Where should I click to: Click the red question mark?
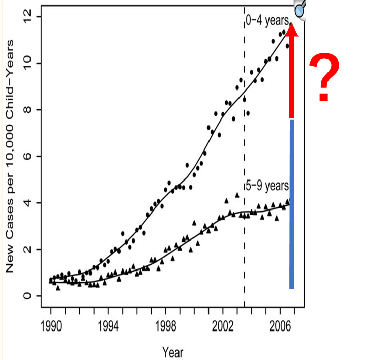point(324,79)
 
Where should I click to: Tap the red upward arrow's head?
point(292,29)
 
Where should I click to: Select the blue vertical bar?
point(292,203)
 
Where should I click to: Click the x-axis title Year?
point(172,351)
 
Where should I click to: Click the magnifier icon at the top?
point(300,9)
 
